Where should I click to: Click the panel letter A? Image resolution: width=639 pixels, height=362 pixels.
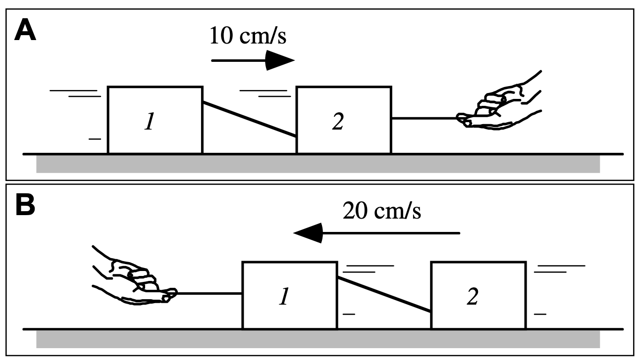pos(26,31)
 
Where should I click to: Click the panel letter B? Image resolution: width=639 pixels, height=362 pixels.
pos(25,206)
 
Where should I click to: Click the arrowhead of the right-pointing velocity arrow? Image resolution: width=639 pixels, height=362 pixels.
pos(280,60)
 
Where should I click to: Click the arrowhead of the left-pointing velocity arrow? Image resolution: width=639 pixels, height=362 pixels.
pos(309,232)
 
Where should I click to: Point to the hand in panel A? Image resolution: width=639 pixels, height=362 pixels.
pos(500,104)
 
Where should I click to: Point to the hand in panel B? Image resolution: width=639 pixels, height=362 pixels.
pos(134,279)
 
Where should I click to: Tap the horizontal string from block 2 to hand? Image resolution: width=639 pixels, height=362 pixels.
pos(424,119)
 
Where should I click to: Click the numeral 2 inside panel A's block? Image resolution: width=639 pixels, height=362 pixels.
pos(337,122)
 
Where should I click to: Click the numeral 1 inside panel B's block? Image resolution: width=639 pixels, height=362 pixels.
pos(283,298)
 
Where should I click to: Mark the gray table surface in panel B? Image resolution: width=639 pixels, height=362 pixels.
pos(317,339)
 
